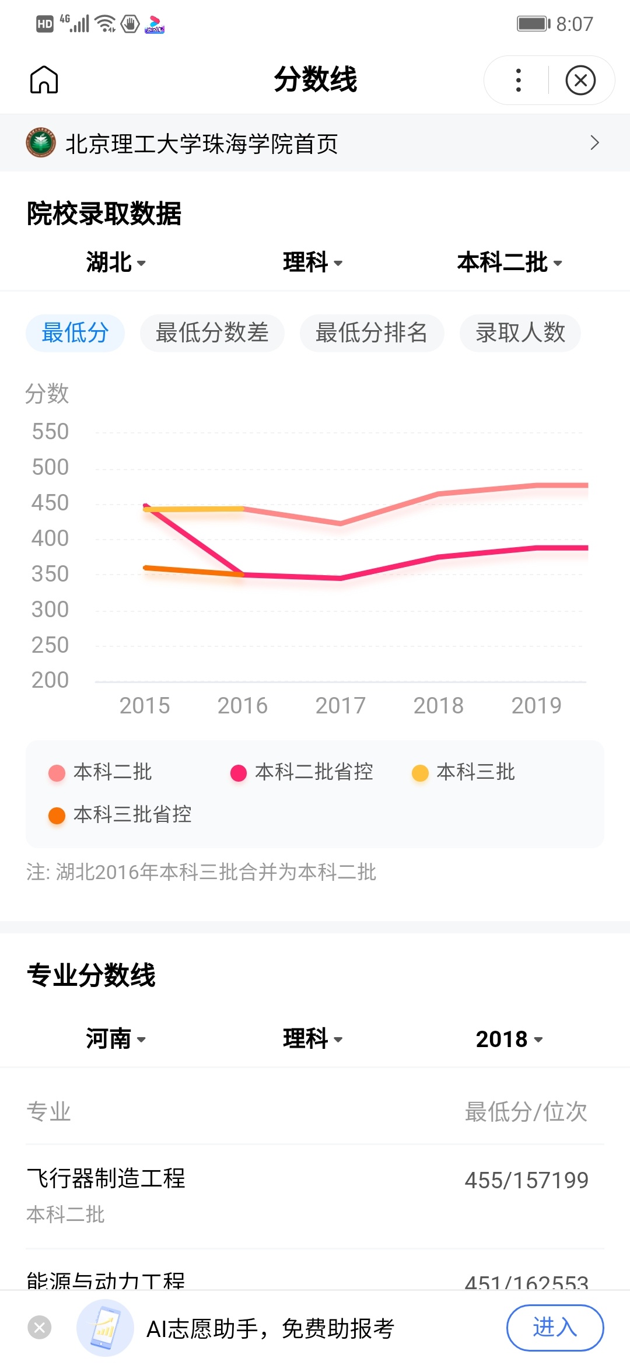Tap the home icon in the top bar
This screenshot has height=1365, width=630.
coord(44,80)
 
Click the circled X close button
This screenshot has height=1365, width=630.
coord(580,80)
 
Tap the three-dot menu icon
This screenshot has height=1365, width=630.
coord(518,80)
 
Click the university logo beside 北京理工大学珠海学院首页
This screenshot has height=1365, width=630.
coord(41,143)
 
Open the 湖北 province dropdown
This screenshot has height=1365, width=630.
coord(116,262)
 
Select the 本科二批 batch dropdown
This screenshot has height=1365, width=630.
coord(509,262)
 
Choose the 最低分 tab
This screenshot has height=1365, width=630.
coord(75,333)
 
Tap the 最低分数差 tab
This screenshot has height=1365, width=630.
coord(212,333)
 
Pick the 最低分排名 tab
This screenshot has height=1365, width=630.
coord(372,333)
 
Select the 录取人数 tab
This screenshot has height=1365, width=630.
coord(520,333)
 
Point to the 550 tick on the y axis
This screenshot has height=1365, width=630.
coord(50,432)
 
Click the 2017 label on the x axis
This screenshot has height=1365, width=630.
coord(340,705)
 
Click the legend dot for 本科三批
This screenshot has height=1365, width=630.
coord(420,773)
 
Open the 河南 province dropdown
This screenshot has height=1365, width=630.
coord(116,1039)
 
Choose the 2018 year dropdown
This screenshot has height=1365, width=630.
coord(509,1039)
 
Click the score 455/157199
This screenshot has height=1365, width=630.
coord(526,1180)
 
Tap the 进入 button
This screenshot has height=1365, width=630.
coord(555,1328)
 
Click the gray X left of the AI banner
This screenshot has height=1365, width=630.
coord(40,1328)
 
